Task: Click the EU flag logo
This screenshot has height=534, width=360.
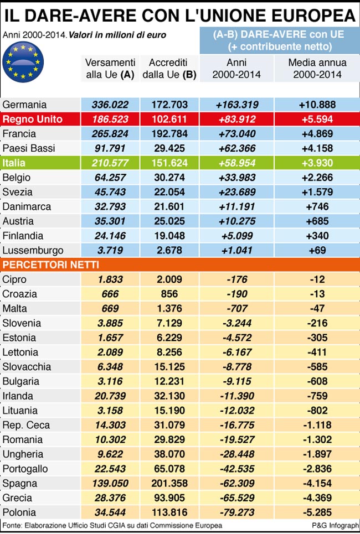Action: click(23, 62)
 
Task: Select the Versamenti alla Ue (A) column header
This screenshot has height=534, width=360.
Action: click(110, 69)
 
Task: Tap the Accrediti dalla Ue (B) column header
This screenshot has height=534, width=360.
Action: click(169, 69)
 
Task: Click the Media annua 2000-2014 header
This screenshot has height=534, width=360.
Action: click(317, 69)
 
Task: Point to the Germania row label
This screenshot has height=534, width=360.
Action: click(24, 105)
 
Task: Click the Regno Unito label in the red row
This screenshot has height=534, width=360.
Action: click(32, 119)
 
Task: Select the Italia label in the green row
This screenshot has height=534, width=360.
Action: click(14, 163)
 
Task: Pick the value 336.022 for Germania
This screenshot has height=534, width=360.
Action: click(110, 105)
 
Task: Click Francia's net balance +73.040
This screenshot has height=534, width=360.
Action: click(238, 134)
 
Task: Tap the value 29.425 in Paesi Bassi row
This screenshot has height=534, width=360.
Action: click(169, 148)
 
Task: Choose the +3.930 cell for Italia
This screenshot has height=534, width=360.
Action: click(317, 163)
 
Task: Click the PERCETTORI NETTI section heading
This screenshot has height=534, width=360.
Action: click(51, 265)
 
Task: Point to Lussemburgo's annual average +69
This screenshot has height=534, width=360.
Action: click(317, 250)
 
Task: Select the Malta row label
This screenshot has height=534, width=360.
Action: click(14, 309)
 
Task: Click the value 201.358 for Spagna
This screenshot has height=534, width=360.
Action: click(169, 483)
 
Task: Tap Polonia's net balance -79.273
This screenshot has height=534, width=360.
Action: click(238, 512)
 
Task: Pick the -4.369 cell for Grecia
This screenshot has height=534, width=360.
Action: click(317, 498)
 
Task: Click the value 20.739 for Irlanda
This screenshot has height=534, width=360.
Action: click(110, 396)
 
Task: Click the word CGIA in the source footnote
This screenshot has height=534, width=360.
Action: click(117, 526)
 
